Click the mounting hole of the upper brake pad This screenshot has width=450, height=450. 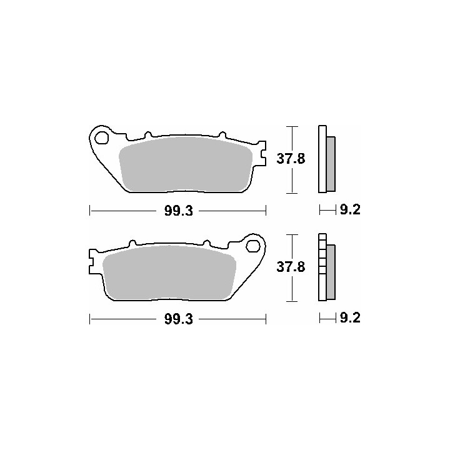point(102,137)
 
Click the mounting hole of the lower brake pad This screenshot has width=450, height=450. point(253,246)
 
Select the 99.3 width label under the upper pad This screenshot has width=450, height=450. point(178,211)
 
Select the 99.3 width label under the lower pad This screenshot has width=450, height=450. point(178,319)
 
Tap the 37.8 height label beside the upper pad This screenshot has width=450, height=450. point(291,158)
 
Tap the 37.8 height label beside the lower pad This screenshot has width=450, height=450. point(291,267)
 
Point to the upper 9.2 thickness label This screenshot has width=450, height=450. point(350,210)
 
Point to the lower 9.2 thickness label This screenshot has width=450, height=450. point(350,318)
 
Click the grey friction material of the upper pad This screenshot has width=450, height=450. point(186,164)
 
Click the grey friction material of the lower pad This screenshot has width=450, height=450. point(169,272)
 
